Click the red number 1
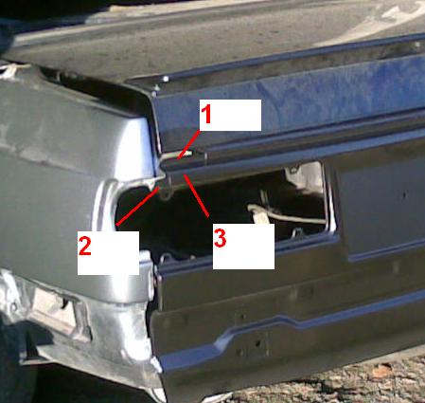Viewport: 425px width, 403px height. click(x=206, y=115)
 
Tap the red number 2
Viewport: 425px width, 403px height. click(x=85, y=247)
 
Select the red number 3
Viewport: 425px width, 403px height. click(x=220, y=238)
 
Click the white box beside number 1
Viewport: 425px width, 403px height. click(x=230, y=115)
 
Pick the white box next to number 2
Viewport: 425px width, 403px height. click(x=108, y=253)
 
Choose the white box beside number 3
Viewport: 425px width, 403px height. click(x=243, y=247)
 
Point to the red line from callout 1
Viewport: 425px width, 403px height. click(x=188, y=144)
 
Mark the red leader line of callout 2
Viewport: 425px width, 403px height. click(x=137, y=206)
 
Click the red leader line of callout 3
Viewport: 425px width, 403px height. click(x=197, y=196)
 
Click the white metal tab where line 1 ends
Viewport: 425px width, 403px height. click(x=177, y=155)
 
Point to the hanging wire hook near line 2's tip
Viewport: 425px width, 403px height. click(x=167, y=192)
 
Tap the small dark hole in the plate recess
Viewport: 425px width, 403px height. click(x=404, y=193)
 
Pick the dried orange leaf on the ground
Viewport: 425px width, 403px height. click(x=382, y=371)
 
